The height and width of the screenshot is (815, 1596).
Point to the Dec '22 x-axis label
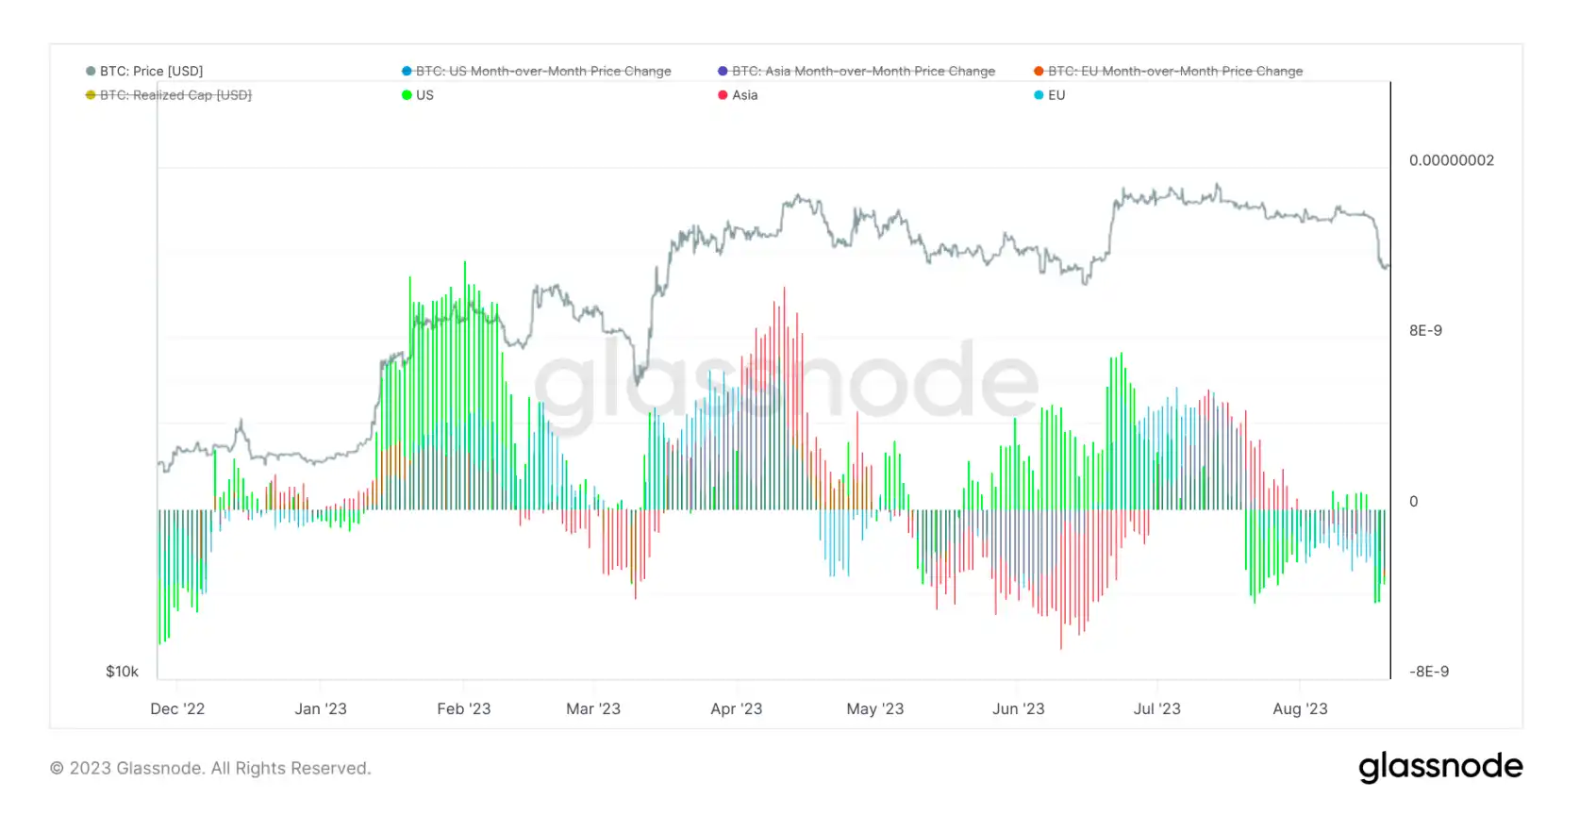177,708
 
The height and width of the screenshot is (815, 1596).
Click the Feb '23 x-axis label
464,708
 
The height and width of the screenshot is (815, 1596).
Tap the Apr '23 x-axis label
736,708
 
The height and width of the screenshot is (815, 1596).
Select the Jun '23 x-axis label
1019,708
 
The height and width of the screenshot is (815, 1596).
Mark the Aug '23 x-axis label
1300,708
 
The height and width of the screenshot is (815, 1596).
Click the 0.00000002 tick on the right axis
1452,160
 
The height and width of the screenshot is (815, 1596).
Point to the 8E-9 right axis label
1425,331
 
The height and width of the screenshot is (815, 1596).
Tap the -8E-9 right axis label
1429,672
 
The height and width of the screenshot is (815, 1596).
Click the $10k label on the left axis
122,672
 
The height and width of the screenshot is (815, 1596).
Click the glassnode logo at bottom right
1440,767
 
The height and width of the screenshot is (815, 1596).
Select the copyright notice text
210,769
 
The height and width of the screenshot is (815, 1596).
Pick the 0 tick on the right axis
1413,502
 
